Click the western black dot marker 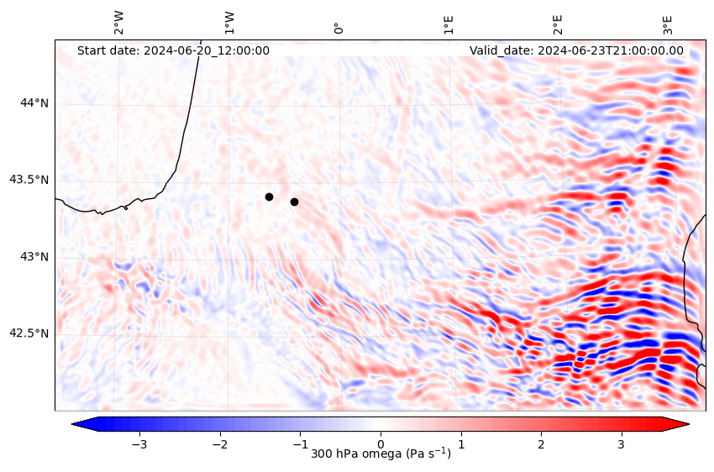coord(269,197)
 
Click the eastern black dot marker coord(294,202)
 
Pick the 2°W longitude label coord(119,23)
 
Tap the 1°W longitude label coord(229,23)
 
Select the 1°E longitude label coord(449,24)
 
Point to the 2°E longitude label coord(558,24)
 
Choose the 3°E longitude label coord(668,24)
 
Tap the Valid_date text coord(576,50)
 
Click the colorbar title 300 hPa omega coord(381,454)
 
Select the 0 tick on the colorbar coord(381,443)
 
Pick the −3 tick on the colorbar coord(139,443)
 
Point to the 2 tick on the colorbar coord(541,443)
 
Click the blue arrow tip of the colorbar coord(76,424)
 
